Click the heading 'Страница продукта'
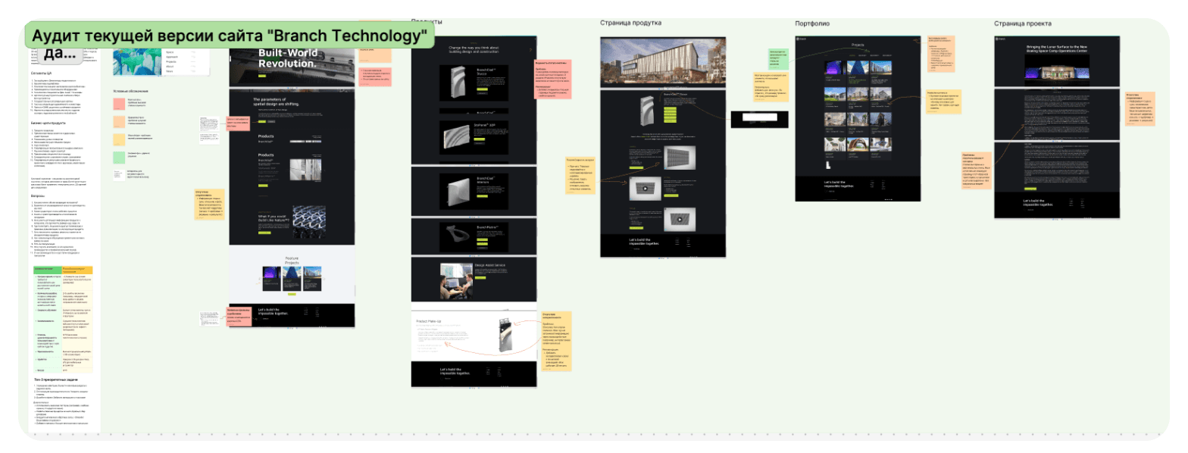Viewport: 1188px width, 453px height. pos(630,23)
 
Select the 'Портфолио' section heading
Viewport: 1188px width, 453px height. pos(811,23)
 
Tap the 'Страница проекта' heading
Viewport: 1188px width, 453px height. pos(1022,23)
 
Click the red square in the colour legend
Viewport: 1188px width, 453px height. pos(120,101)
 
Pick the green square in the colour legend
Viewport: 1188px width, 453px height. pos(120,157)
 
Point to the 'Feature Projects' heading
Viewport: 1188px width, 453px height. pos(292,260)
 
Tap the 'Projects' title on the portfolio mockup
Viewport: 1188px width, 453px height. pos(858,45)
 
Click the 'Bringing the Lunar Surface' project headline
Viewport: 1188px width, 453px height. pos(1056,49)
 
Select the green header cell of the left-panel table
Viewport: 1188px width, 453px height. pos(46,270)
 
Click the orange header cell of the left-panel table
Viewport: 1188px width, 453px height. pos(77,270)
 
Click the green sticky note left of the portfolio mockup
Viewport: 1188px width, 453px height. pos(780,58)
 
